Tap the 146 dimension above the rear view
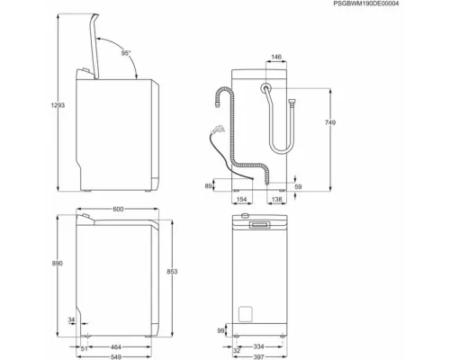[277, 57]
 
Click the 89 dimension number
[210, 185]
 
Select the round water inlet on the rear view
[267, 87]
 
